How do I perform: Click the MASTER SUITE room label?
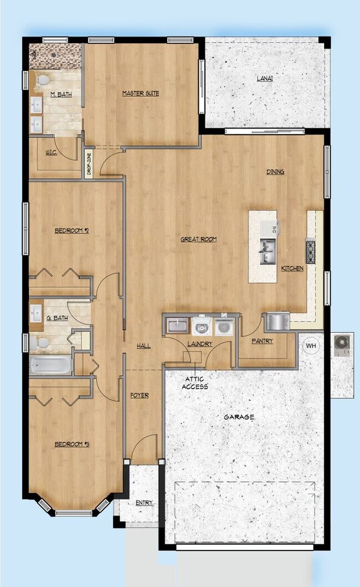[x=141, y=94]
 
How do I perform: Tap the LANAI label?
[x=264, y=78]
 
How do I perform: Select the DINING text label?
[x=275, y=172]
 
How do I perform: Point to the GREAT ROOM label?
[x=198, y=239]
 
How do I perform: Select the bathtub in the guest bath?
[x=50, y=365]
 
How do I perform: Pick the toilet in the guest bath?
[x=40, y=344]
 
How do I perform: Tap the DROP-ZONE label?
[x=89, y=165]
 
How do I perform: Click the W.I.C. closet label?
[x=51, y=152]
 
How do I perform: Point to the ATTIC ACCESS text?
[x=195, y=382]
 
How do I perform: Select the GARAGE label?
[x=239, y=417]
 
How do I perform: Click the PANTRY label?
[x=262, y=341]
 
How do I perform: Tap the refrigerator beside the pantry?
[x=277, y=321]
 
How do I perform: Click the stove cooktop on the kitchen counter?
[x=310, y=251]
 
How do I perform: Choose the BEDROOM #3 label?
[x=72, y=444]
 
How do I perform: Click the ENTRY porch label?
[x=144, y=503]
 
